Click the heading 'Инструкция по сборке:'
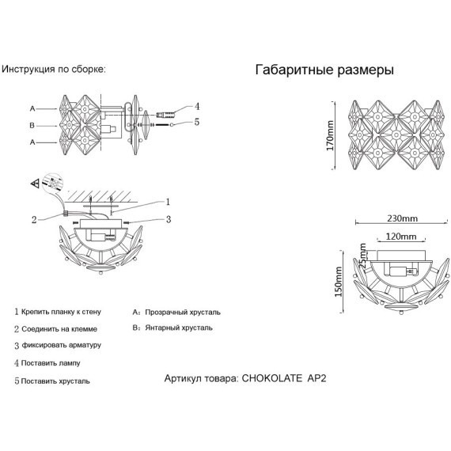pyautogui.click(x=54, y=70)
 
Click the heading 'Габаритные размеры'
pyautogui.click(x=324, y=70)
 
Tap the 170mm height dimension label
pyautogui.click(x=330, y=135)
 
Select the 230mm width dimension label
pyautogui.click(x=402, y=218)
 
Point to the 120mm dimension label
pyautogui.click(x=400, y=237)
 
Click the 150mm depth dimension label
pyautogui.click(x=338, y=282)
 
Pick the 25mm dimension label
pyautogui.click(x=362, y=256)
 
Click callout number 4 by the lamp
pyautogui.click(x=197, y=107)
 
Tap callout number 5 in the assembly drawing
pyautogui.click(x=197, y=122)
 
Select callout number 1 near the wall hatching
pyautogui.click(x=168, y=202)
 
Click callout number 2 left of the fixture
pyautogui.click(x=34, y=220)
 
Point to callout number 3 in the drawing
pyautogui.click(x=169, y=219)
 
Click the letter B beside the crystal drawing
pyautogui.click(x=32, y=125)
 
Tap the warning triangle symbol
pyautogui.click(x=35, y=183)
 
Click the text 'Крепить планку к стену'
pyautogui.click(x=61, y=312)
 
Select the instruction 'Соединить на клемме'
pyautogui.click(x=59, y=329)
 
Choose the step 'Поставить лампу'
pyautogui.click(x=51, y=363)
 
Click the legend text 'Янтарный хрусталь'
pyautogui.click(x=179, y=328)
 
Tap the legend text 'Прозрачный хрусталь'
pyautogui.click(x=183, y=313)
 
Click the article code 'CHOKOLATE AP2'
pyautogui.click(x=284, y=378)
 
